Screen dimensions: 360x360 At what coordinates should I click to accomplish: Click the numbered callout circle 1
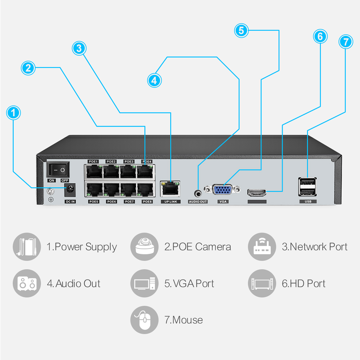[14, 113]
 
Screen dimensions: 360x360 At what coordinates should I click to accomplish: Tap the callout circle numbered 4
[154, 80]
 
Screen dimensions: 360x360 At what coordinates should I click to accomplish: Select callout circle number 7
[346, 41]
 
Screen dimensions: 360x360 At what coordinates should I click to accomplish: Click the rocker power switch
[58, 169]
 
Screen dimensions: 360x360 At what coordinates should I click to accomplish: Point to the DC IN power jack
[70, 189]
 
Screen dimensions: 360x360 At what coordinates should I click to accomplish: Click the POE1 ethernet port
[94, 171]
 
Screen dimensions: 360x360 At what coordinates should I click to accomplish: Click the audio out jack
[198, 192]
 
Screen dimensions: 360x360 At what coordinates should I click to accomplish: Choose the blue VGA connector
[223, 190]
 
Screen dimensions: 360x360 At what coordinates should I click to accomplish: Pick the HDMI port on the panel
[257, 192]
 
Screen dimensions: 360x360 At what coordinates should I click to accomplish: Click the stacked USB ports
[308, 186]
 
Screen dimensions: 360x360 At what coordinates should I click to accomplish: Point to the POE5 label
[94, 202]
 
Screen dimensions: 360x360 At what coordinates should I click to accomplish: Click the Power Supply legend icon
[27, 247]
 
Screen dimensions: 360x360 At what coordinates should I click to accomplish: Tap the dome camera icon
[144, 247]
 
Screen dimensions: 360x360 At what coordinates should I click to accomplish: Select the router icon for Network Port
[262, 247]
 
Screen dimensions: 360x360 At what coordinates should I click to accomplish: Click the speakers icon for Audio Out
[27, 284]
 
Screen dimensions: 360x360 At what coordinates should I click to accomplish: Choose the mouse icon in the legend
[144, 320]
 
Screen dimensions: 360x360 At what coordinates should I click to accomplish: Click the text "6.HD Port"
[303, 284]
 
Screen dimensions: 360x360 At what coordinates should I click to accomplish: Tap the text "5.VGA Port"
[189, 284]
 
